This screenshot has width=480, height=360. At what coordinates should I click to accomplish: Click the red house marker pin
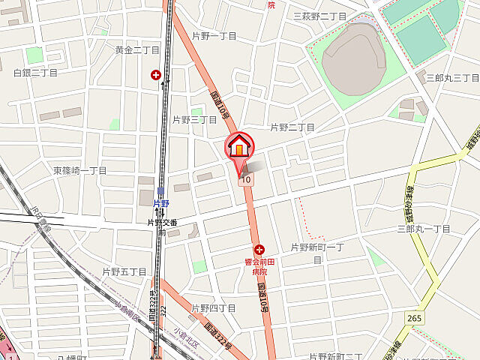(x=239, y=145)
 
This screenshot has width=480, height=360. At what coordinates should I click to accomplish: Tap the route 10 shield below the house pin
(x=244, y=180)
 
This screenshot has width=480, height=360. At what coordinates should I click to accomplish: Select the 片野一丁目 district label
(x=214, y=36)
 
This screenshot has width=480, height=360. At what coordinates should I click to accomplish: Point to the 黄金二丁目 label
(x=137, y=49)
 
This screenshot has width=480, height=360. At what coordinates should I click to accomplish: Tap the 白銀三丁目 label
(x=35, y=73)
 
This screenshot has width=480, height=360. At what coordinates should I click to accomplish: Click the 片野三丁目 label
(x=194, y=119)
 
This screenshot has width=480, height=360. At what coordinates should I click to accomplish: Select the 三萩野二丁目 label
(x=320, y=16)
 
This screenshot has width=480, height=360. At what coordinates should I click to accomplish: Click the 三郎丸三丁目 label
(x=452, y=78)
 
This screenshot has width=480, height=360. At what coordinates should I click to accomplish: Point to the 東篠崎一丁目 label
(x=79, y=170)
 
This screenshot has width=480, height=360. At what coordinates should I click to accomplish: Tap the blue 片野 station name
(x=160, y=202)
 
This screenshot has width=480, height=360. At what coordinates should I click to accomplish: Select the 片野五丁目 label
(x=124, y=271)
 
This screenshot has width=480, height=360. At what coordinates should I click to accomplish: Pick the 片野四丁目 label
(x=214, y=307)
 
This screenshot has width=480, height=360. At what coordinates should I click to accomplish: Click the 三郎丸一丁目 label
(x=424, y=229)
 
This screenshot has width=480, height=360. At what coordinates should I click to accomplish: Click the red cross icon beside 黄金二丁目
(x=156, y=75)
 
